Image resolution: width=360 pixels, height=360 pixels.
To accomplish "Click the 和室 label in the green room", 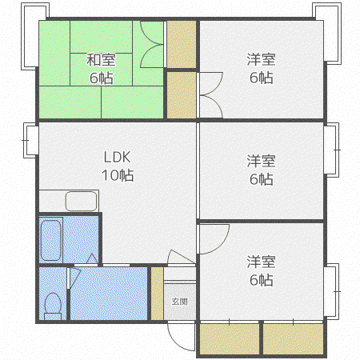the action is tap(101, 60).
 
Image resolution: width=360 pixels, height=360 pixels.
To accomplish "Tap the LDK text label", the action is tap(117, 157).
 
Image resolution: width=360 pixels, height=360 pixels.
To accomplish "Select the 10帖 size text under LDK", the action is tap(118, 175).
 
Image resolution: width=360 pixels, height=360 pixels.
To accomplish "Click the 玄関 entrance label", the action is tap(180, 302).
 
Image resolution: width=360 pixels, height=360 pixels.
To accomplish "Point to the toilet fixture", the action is tap(53, 306).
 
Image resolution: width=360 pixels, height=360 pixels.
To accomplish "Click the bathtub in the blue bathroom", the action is tap(51, 240).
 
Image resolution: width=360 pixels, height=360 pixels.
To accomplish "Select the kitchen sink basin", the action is tap(81, 201).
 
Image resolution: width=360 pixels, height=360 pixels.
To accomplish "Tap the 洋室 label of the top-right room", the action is tap(261, 59).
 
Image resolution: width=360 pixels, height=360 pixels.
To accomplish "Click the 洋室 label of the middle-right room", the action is tap(261, 161).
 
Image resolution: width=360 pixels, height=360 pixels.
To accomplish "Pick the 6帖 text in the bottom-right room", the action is tap(261, 280).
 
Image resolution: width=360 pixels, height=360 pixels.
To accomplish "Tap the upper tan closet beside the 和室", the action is tap(182, 44).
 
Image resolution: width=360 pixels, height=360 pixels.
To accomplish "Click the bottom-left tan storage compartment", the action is tap(230, 339).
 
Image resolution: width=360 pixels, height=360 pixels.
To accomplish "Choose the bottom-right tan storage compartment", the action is tap(294, 339).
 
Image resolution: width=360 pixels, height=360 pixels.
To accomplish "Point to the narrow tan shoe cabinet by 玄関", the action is tap(158, 294).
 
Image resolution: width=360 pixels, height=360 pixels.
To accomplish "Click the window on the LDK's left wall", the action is tap(31, 140).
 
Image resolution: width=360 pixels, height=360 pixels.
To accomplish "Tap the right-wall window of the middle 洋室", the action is tap(332, 150).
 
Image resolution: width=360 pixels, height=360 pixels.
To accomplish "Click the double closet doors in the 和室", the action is tap(152, 44).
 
